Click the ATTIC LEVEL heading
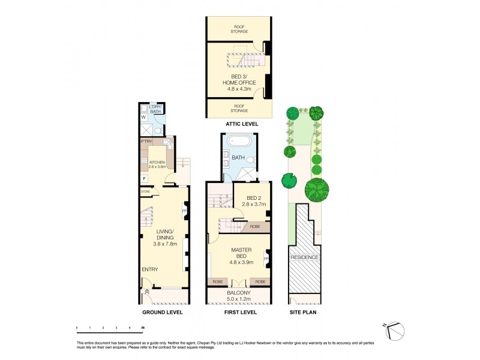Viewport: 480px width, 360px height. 241,124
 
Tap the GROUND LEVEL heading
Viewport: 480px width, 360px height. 163,312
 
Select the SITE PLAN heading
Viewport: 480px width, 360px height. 304,312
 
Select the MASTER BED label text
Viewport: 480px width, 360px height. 239,254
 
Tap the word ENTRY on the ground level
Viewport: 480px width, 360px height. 150,269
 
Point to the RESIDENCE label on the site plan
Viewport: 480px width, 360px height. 305,257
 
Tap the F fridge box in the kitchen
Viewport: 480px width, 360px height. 144,178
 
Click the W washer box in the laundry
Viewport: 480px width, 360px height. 143,118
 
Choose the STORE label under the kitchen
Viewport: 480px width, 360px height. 145,191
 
